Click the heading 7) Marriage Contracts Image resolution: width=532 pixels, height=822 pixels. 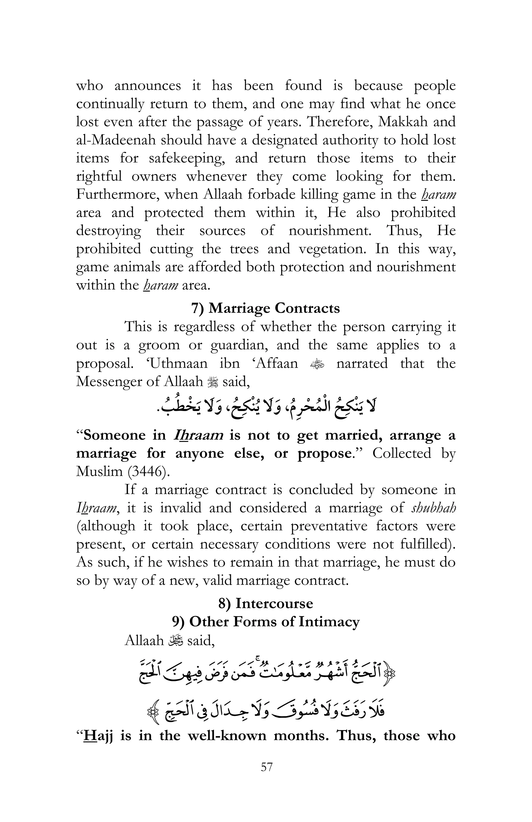click(x=265, y=308)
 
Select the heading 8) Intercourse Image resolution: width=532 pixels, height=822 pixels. click(x=265, y=603)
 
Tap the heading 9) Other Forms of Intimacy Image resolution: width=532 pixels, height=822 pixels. click(x=265, y=622)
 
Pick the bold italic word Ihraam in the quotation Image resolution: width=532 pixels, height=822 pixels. click(x=198, y=435)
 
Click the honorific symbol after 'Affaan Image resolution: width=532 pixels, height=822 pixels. click(x=317, y=364)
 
